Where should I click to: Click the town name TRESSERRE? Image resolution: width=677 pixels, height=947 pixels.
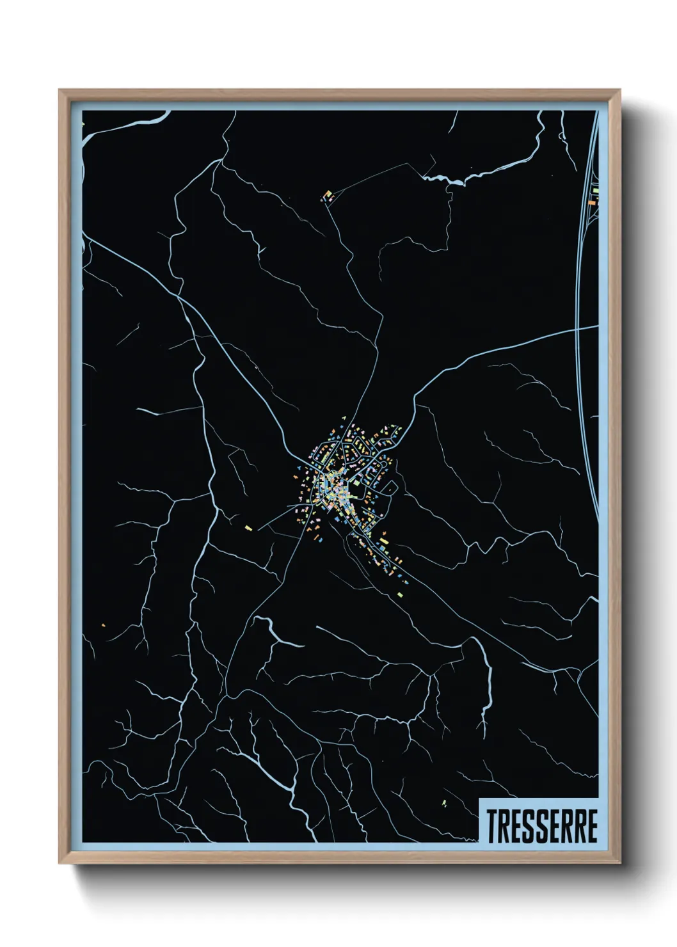(542, 827)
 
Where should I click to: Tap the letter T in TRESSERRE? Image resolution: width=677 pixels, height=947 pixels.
(493, 827)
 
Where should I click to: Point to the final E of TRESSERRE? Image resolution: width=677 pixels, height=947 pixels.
(592, 827)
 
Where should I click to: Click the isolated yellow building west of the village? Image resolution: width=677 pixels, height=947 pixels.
(248, 528)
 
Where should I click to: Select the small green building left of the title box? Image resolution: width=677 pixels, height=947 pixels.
(444, 802)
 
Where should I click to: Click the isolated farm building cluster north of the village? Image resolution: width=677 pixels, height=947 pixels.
(328, 196)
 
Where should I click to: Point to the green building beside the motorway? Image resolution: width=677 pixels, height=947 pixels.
(595, 191)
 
